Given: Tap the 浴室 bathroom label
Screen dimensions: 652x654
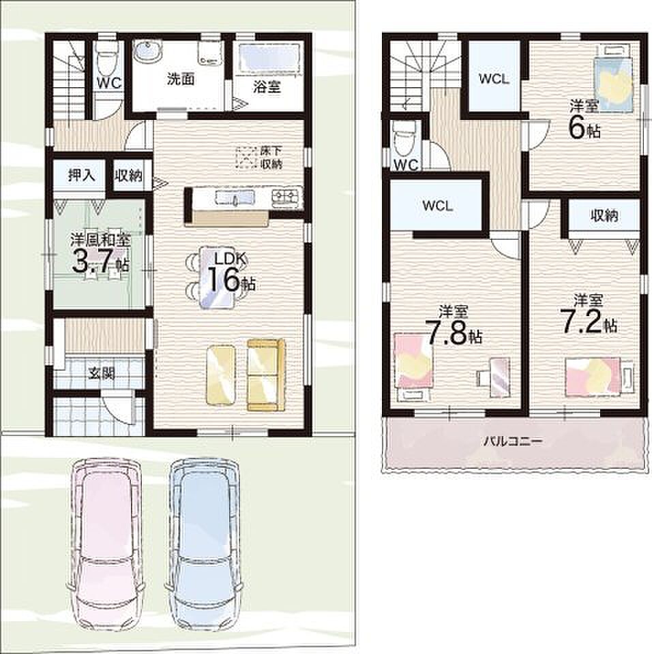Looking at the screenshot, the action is point(267,87).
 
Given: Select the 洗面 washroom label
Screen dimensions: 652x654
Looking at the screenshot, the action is point(181,79).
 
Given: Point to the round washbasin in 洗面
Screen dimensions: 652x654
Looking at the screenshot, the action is point(146,52).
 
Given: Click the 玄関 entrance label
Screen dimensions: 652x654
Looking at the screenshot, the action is point(102,373).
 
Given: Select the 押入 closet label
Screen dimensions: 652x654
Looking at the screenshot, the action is point(81,175).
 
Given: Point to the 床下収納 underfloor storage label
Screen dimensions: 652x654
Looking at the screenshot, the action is point(271,157).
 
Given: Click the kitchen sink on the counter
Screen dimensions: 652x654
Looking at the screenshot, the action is point(235,198).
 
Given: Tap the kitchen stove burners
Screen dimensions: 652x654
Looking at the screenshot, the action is point(286,198).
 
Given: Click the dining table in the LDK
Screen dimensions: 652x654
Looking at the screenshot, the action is point(216,277).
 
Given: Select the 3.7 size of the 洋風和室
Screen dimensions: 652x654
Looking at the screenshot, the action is point(93,262).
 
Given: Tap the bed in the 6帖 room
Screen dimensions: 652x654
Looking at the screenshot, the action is point(614,78).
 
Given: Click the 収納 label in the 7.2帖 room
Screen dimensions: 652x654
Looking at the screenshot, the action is point(604,215).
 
